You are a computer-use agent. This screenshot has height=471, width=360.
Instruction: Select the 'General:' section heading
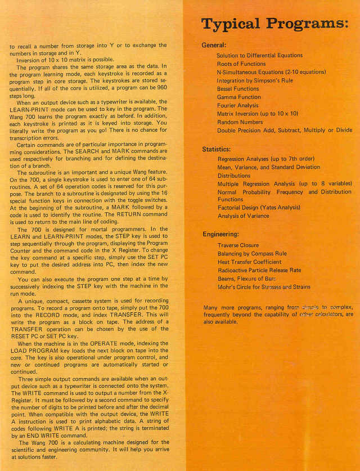214,45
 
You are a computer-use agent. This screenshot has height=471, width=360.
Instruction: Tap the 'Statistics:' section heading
216,150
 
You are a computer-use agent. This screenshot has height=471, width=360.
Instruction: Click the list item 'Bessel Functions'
238,89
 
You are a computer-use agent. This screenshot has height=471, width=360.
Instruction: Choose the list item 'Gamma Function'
238,97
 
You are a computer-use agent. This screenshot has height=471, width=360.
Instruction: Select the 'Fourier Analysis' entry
238,105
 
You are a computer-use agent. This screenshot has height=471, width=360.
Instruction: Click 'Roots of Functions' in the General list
241,64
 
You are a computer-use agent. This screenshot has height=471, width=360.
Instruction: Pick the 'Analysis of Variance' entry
243,216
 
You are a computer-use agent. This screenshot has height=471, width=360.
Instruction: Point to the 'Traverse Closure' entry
238,246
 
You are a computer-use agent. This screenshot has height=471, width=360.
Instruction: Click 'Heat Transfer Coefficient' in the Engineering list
249,262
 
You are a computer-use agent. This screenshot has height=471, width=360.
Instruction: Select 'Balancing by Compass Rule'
252,254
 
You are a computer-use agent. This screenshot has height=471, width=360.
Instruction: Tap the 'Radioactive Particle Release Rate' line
259,271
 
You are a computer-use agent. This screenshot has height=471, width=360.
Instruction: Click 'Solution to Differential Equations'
259,56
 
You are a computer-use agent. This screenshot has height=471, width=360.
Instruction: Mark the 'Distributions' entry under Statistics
235,176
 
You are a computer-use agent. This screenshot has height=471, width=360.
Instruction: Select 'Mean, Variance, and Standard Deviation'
268,167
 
